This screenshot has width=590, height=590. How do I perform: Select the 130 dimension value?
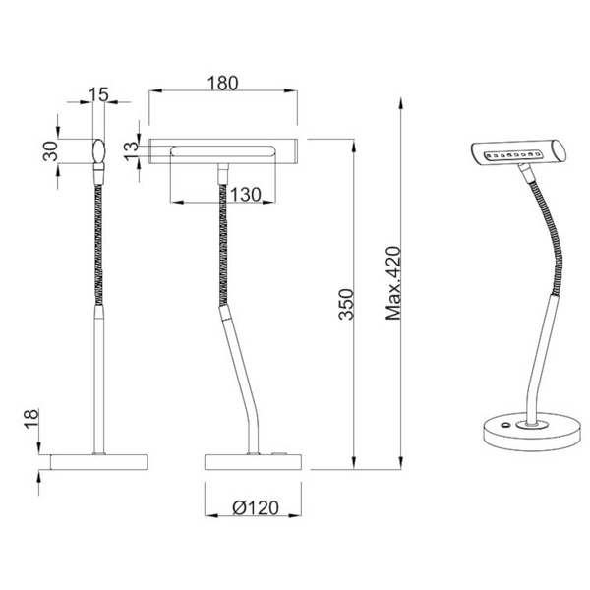point(247,194)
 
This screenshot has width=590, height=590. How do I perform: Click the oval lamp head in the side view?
point(97,151)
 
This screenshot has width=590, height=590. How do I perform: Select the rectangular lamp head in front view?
point(222,150)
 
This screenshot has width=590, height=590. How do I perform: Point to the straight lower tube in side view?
point(97,379)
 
